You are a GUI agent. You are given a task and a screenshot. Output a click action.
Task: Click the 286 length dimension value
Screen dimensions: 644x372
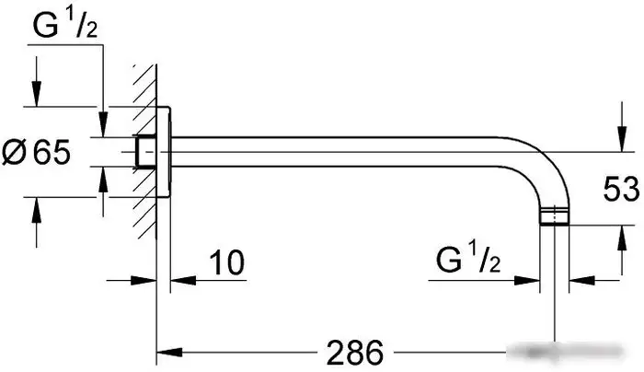tap(355, 353)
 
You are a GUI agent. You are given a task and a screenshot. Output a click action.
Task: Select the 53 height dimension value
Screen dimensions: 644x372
tap(621, 189)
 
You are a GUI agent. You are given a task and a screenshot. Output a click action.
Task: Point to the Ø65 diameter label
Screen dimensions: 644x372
tap(36, 152)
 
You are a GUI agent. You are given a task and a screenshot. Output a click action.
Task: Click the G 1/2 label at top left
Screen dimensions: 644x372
tap(65, 26)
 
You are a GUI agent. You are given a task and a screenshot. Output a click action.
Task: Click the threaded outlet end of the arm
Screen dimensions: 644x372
tap(555, 215)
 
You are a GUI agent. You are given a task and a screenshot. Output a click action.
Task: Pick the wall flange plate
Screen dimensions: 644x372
tap(164, 152)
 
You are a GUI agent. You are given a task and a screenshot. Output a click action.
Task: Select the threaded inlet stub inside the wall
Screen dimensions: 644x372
tap(145, 152)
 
